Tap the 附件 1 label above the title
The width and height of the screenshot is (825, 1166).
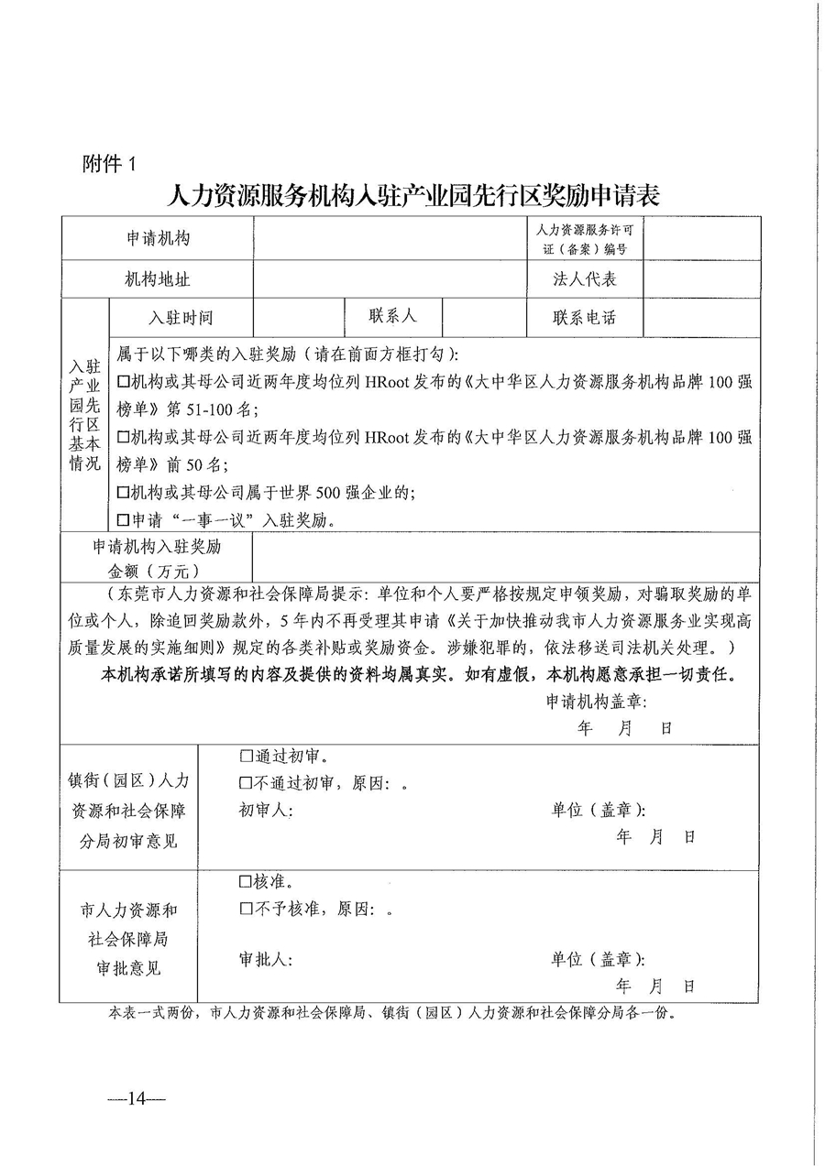pyautogui.click(x=109, y=165)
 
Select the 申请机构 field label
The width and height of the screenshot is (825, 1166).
pyautogui.click(x=158, y=238)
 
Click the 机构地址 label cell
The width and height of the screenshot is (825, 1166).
pyautogui.click(x=158, y=279)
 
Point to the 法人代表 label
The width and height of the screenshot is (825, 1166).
pyautogui.click(x=585, y=279)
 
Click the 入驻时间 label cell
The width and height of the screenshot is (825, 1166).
pyautogui.click(x=181, y=318)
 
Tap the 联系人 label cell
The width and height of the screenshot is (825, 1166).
pyautogui.click(x=393, y=316)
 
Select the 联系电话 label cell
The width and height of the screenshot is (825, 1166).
pyautogui.click(x=585, y=318)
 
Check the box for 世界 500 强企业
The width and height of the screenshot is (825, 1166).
pyautogui.click(x=124, y=493)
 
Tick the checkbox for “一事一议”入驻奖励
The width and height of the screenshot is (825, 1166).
pyautogui.click(x=124, y=520)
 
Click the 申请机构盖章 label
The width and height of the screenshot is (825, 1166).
pyautogui.click(x=597, y=702)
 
